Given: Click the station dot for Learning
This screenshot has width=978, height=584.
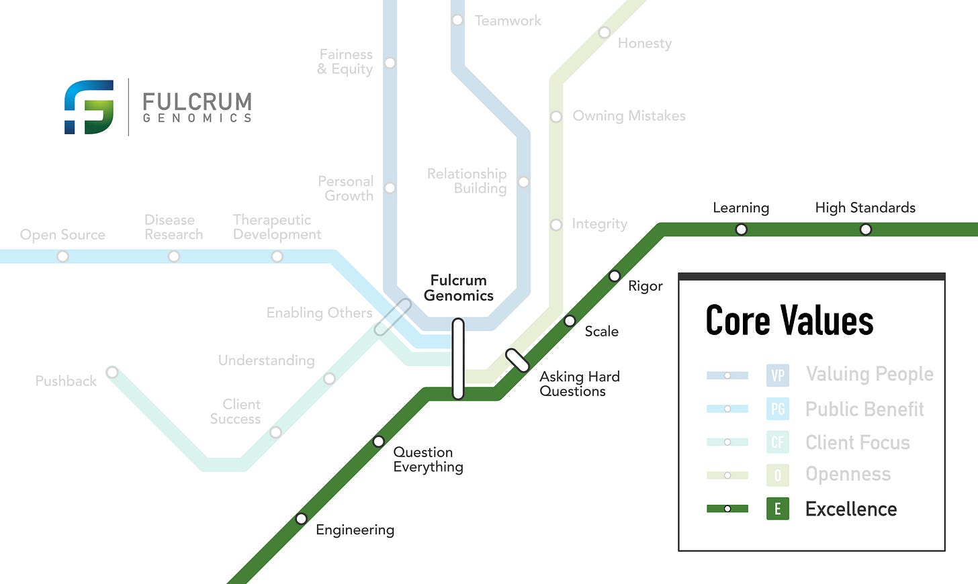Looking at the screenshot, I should click(x=741, y=230).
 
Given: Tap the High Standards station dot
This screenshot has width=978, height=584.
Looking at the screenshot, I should click(x=866, y=230).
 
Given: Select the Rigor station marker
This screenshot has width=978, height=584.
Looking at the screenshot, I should click(x=614, y=276).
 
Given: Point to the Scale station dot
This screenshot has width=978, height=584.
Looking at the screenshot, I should click(x=570, y=321).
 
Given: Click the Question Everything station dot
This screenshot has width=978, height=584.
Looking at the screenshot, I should click(x=379, y=441).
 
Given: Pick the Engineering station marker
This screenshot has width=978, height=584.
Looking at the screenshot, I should click(x=302, y=518).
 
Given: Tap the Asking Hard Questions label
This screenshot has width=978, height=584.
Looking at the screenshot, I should click(x=579, y=384).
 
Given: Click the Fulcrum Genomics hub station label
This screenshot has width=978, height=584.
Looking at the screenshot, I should click(x=459, y=288).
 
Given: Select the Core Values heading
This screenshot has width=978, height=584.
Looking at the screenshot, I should click(x=789, y=320).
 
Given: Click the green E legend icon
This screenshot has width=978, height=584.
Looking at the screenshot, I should click(x=778, y=509).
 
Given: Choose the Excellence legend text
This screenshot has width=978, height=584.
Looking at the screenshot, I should click(x=851, y=509).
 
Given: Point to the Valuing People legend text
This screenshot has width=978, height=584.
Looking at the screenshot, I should click(x=869, y=374).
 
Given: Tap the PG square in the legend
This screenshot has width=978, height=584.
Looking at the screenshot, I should click(x=778, y=409).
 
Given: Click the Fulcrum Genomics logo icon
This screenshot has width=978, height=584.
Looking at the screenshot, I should click(x=89, y=107).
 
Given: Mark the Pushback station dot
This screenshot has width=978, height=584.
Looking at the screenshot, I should click(x=112, y=373).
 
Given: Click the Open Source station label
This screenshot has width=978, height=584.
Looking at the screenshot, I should click(x=62, y=235).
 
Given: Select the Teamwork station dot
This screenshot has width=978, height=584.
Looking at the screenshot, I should click(x=457, y=20).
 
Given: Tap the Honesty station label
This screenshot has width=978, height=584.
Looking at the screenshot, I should click(x=644, y=44).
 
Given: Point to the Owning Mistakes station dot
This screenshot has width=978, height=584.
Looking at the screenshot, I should click(x=556, y=117).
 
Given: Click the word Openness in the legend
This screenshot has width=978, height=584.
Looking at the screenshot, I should click(x=848, y=474).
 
